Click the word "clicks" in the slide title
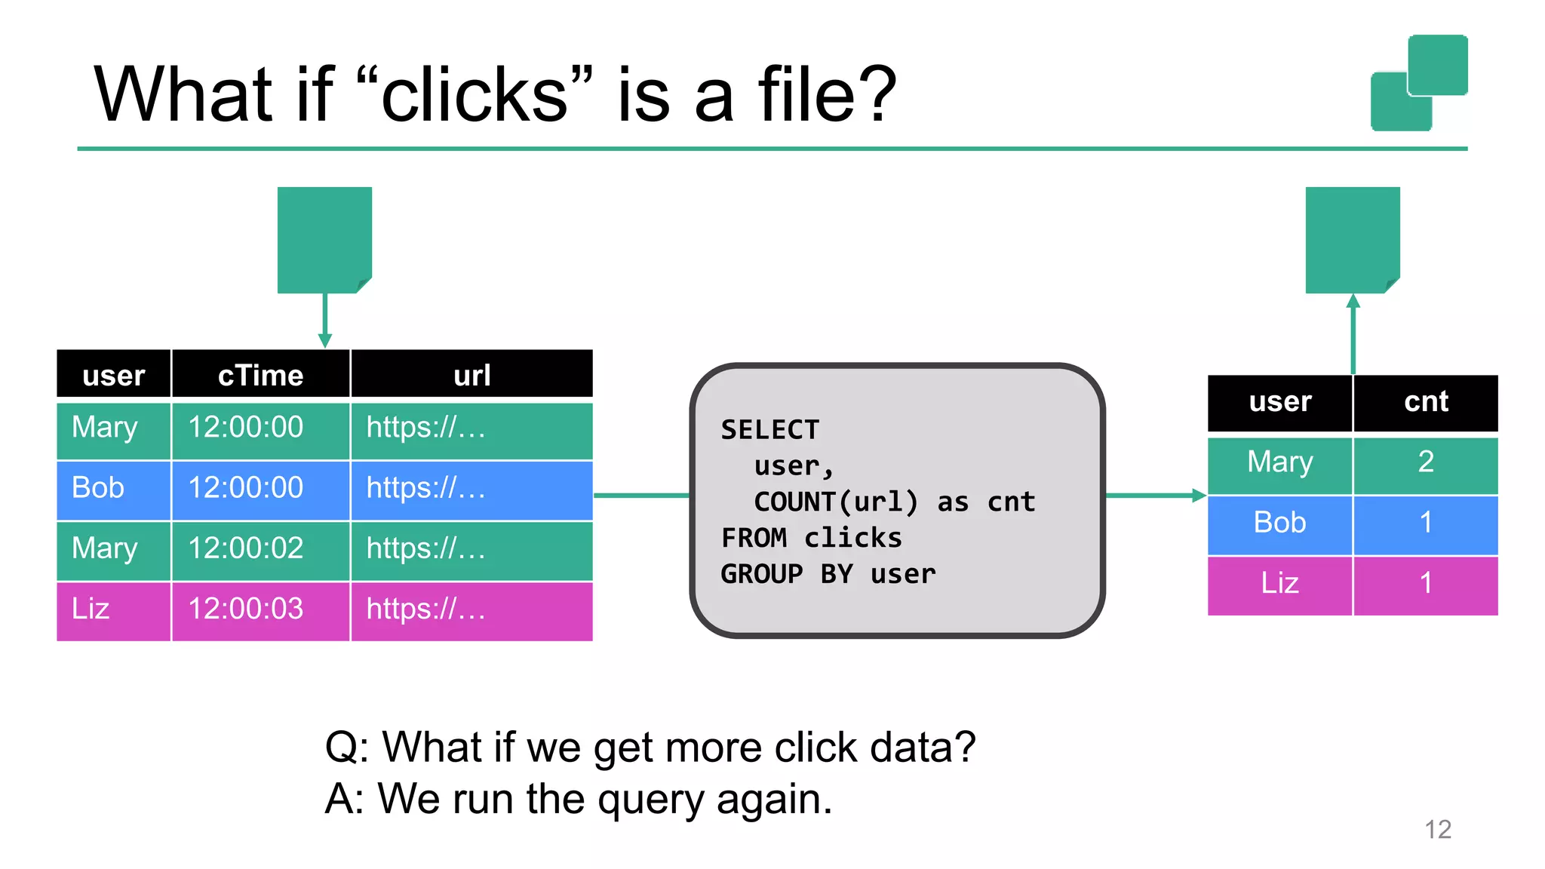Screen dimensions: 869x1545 475,96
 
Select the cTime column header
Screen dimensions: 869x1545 260,375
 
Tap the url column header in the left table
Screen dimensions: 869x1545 471,375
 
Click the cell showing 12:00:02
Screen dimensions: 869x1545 246,548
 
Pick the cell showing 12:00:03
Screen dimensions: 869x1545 246,609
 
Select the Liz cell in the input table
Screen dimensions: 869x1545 91,609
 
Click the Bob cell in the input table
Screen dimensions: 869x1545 98,488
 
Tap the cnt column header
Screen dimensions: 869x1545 1425,401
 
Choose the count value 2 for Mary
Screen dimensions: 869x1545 1425,462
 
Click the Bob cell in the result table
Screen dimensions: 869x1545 1279,523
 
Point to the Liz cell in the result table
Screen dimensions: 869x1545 1279,583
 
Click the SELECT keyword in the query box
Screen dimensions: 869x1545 769,430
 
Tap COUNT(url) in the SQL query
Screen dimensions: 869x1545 836,502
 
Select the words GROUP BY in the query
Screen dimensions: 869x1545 786,574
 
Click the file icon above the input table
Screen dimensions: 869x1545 324,240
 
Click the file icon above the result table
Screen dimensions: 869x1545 1353,240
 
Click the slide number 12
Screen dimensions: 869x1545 1438,830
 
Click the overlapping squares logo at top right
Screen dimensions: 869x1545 1418,83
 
